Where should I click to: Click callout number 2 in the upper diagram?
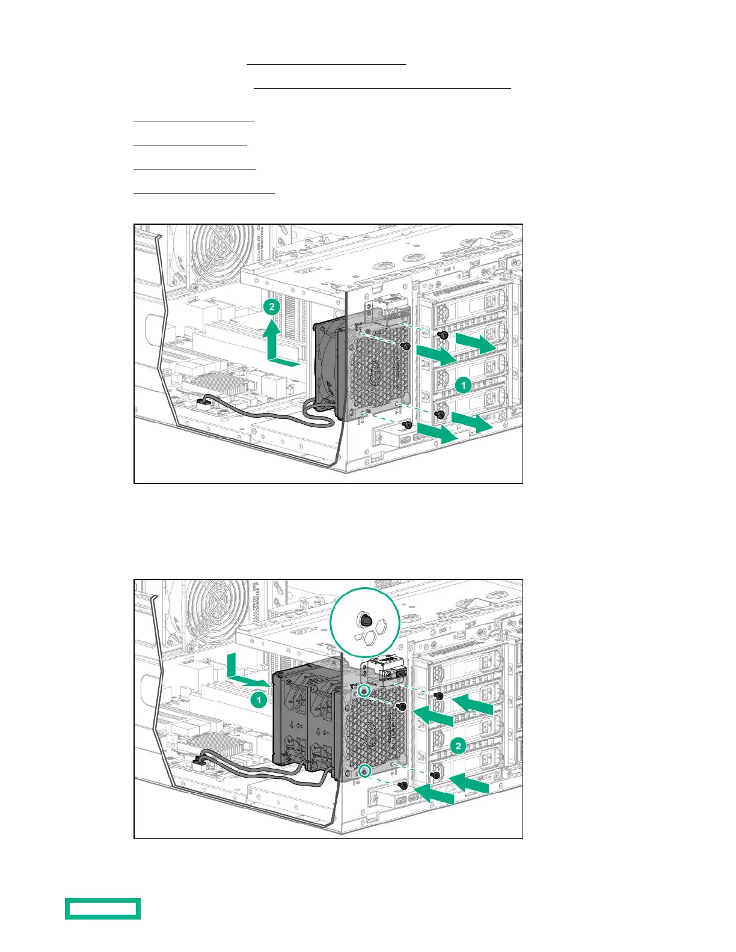click(272, 307)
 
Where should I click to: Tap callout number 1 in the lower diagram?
click(259, 700)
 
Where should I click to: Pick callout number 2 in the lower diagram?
click(458, 746)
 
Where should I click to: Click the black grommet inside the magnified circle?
click(364, 620)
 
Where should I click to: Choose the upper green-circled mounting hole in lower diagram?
click(364, 692)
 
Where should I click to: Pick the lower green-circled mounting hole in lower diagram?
click(363, 770)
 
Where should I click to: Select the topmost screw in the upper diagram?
click(443, 334)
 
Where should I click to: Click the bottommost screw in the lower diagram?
click(403, 786)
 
